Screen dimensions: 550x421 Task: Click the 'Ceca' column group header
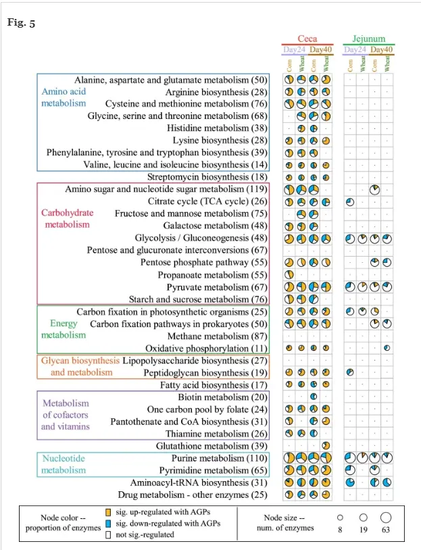pos(307,39)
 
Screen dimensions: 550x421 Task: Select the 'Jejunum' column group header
pos(369,39)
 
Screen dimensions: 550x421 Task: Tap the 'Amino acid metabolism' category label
pos(64,97)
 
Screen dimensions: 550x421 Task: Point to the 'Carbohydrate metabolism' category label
pos(67,219)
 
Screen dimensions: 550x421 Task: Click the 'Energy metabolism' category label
pos(64,329)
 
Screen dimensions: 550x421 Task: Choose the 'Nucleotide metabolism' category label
pos(64,464)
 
